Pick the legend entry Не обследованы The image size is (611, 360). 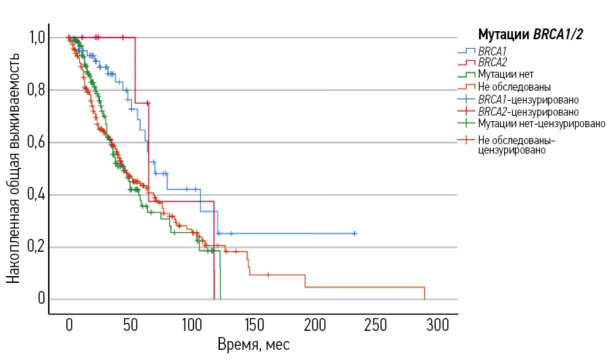[x=514, y=87]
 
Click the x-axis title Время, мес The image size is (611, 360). [x=253, y=344]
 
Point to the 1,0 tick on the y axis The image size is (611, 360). [x=37, y=37]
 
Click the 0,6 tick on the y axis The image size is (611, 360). [x=37, y=142]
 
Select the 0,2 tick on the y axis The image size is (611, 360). [x=37, y=247]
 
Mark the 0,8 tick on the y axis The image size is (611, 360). [x=37, y=90]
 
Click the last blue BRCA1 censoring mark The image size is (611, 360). [x=355, y=233]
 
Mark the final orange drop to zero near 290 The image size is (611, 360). [x=424, y=293]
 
